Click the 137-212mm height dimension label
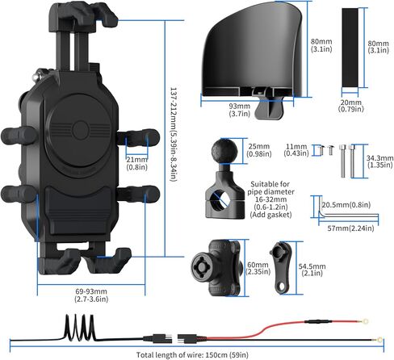point(174,134)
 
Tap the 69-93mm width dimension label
point(91,295)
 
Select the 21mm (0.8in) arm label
point(137,163)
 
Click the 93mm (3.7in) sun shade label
point(240,110)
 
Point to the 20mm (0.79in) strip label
point(351,106)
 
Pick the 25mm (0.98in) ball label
point(259,150)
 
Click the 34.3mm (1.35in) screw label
point(379,161)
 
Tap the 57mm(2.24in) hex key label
point(350,228)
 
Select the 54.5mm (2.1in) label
point(312,270)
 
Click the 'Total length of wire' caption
point(192,354)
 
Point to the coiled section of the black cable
point(80,327)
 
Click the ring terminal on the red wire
point(365,320)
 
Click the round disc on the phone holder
point(78,131)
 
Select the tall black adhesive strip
point(350,48)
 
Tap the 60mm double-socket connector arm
point(216,268)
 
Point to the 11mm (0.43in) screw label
point(296,150)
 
